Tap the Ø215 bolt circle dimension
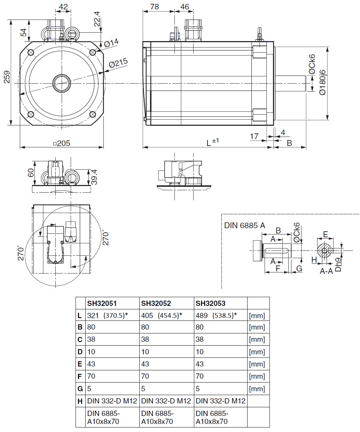[x=118, y=63]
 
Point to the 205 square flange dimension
[x=62, y=143]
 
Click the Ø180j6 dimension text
[x=322, y=81]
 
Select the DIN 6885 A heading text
[x=244, y=225]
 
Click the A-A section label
[x=326, y=271]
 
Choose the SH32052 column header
[x=156, y=303]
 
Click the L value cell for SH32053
[x=216, y=316]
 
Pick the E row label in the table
[x=80, y=364]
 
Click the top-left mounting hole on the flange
[x=31, y=53]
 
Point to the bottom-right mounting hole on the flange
[x=93, y=114]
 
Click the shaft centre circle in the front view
[x=62, y=83]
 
